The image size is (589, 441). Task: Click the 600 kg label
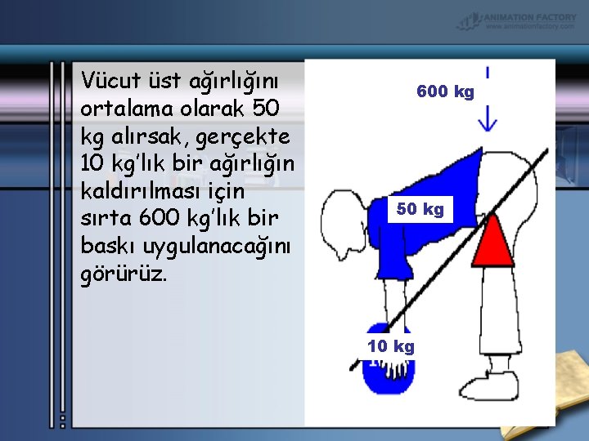click(445, 91)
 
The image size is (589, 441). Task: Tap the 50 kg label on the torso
click(420, 209)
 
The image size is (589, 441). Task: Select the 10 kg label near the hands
click(391, 346)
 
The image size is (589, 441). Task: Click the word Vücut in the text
click(108, 80)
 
